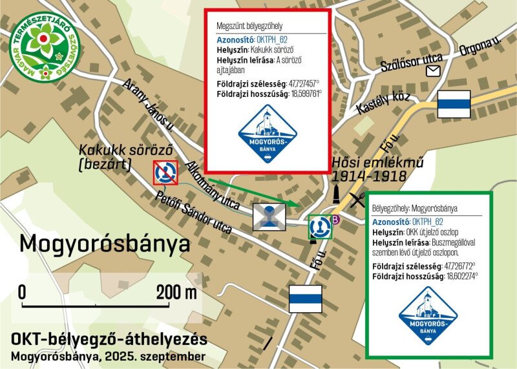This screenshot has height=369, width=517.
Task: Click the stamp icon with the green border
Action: (320, 227)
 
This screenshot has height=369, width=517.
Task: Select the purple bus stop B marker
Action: (335, 220)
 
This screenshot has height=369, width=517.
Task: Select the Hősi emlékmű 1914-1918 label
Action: (369, 169)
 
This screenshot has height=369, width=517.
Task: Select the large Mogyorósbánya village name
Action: (105, 244)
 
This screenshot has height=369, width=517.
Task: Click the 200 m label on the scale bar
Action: (176, 291)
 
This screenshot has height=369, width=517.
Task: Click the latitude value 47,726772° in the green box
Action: (459, 266)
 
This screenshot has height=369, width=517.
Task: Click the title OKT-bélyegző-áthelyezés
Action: (109, 340)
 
